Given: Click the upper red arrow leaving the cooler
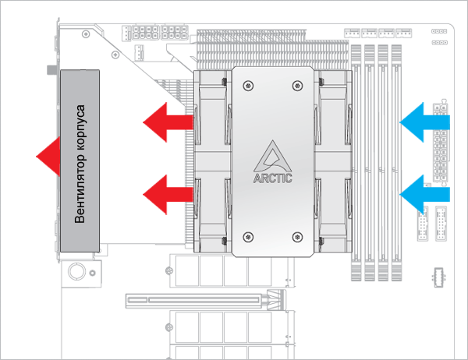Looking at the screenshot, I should pyautogui.click(x=168, y=122).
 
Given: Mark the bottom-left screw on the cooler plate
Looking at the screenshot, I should pyautogui.click(x=248, y=236).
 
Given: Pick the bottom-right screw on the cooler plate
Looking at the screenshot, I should pyautogui.click(x=296, y=236).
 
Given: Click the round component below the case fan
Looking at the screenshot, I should pyautogui.click(x=77, y=272).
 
